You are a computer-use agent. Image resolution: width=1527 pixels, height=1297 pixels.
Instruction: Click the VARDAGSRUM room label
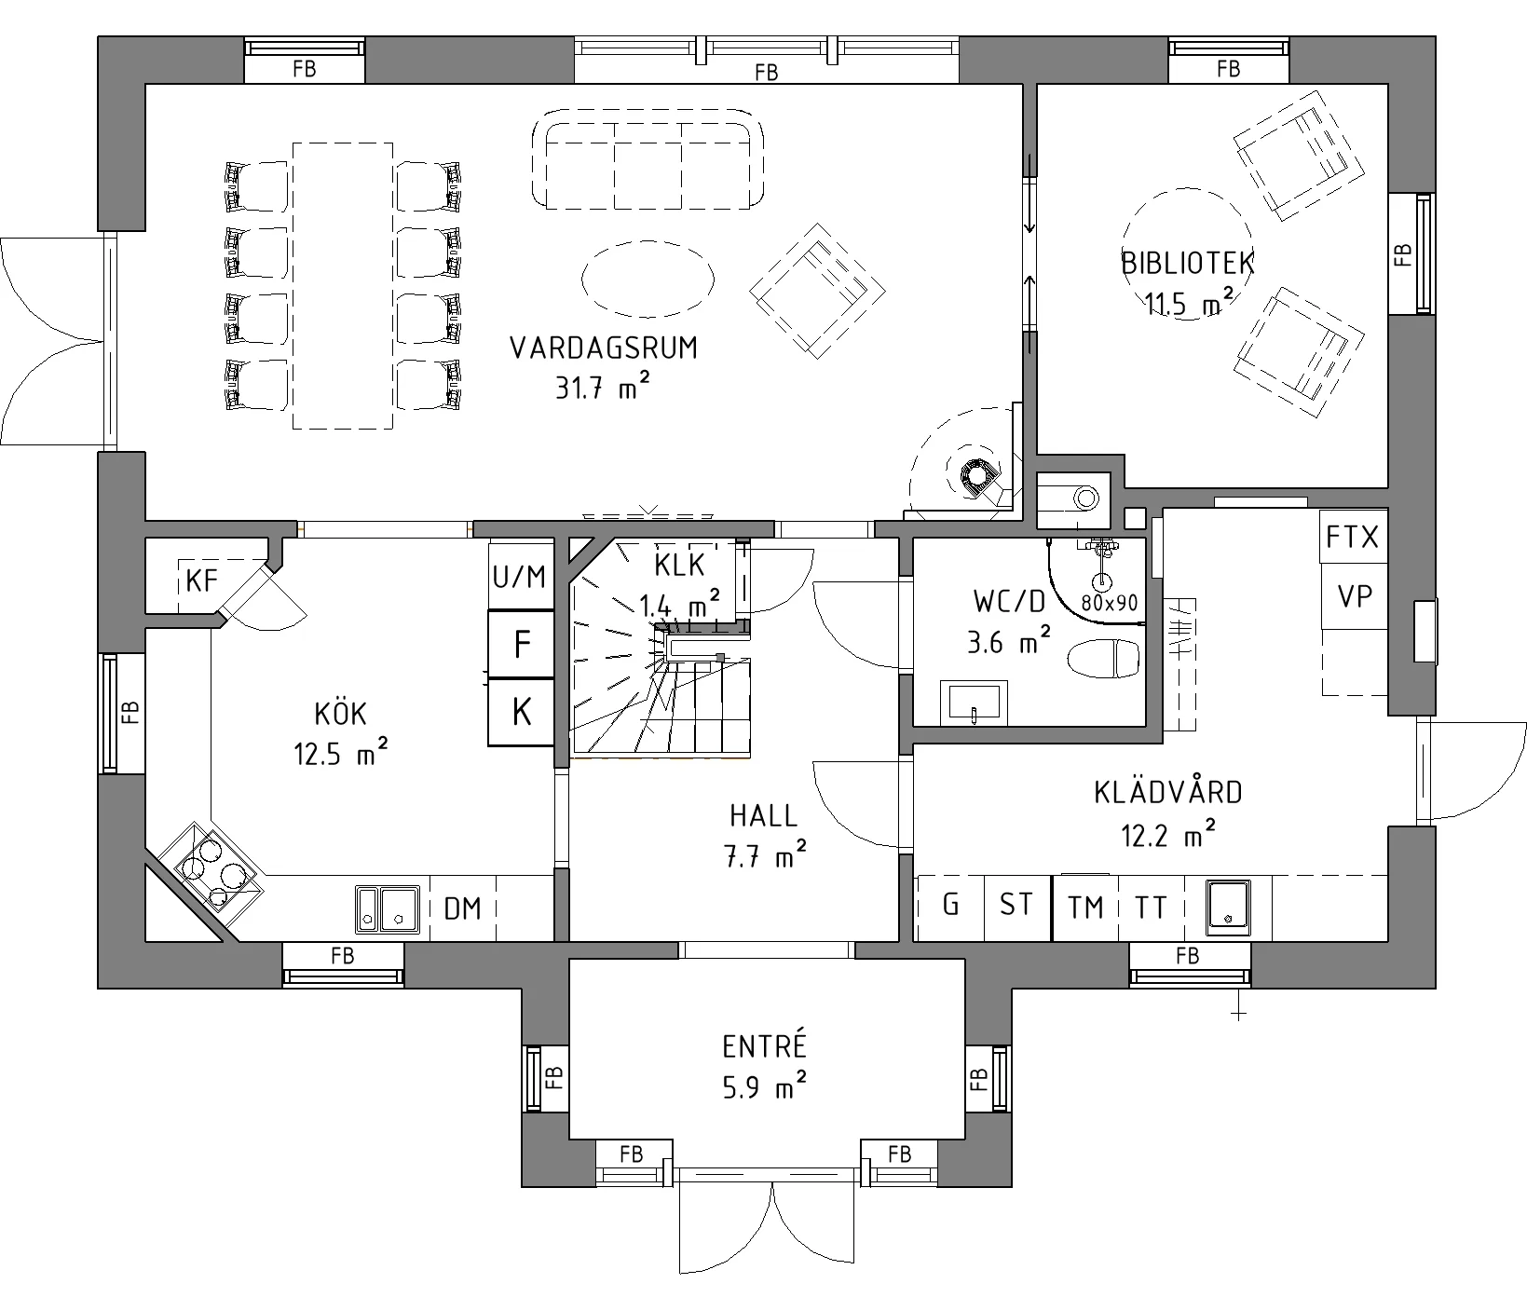603,348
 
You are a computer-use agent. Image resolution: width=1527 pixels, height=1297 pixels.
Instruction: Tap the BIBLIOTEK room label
1188,263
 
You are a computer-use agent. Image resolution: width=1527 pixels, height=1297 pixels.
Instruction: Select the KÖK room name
341,714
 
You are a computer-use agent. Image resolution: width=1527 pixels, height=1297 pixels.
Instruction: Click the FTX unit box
1353,537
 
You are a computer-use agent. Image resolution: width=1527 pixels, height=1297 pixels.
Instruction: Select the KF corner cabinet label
201,581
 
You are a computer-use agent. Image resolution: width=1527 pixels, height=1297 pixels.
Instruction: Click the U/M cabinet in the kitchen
519,577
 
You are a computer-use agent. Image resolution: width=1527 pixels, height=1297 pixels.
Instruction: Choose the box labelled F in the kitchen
522,644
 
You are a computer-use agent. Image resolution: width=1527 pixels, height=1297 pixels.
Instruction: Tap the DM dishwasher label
462,908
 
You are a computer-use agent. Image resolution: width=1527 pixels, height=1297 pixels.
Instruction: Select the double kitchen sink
389,908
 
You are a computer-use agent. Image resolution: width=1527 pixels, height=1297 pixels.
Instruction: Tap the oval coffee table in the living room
648,278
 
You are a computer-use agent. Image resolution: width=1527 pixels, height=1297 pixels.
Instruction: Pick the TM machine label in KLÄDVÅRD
1085,907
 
